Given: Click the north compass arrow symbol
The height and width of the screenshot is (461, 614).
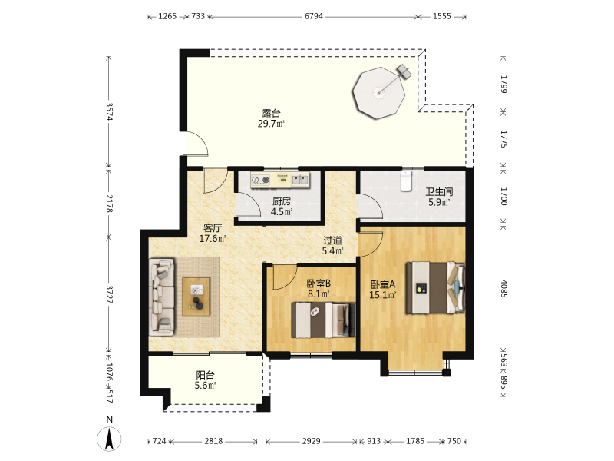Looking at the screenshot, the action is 109,439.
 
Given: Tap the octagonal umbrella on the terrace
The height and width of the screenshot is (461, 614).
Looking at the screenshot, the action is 378,93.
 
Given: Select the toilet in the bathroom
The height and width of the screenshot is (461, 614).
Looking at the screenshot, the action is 406,181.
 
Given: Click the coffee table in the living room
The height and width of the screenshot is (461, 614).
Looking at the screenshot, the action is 196,297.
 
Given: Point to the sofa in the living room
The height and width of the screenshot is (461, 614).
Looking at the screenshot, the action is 161,297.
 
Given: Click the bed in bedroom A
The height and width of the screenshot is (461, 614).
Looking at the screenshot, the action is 435,287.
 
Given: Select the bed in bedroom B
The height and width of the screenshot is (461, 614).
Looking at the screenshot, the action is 323,320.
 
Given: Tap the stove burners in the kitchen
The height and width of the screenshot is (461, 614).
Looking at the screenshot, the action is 261,180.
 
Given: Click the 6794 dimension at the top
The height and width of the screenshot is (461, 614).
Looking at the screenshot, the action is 314,16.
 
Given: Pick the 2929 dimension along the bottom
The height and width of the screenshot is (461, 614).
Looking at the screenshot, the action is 312,441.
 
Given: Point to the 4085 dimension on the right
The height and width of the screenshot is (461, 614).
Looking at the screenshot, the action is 504,289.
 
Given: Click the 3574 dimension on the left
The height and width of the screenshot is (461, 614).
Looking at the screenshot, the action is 109,112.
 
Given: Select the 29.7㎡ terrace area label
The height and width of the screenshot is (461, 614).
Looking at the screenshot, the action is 271,124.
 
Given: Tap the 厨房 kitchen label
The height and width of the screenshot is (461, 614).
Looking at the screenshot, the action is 282,201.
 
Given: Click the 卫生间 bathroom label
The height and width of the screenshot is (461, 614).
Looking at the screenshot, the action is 439,191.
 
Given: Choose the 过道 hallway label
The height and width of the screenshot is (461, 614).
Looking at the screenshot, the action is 332,240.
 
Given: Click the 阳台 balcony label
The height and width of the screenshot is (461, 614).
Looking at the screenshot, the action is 205,375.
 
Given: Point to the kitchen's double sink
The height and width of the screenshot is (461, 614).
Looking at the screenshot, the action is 300,180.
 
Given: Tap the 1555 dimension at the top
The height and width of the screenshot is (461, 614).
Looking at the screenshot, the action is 442,16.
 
